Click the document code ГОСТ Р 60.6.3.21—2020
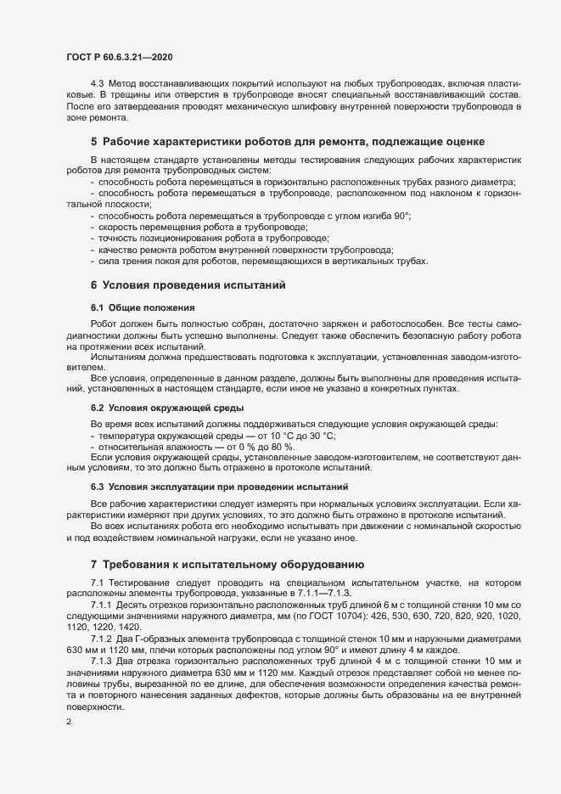click(120, 56)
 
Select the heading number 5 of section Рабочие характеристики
click(93, 140)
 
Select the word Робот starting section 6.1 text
click(104, 324)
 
